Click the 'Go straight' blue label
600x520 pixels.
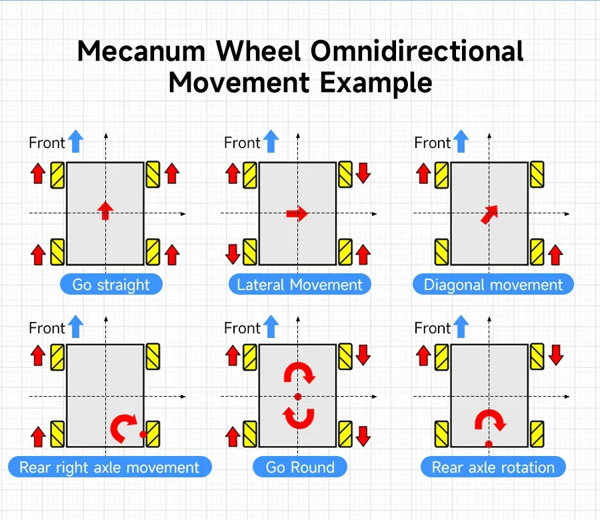[x=111, y=284]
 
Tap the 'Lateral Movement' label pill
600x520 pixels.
[x=299, y=284]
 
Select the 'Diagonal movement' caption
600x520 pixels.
[x=493, y=284]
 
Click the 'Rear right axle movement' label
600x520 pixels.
[x=109, y=467]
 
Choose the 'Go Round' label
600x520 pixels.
[x=300, y=467]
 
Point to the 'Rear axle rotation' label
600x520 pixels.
[x=493, y=467]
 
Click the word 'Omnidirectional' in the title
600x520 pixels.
[x=417, y=51]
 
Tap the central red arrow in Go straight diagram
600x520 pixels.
[x=105, y=211]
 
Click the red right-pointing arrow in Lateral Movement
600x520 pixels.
[x=297, y=213]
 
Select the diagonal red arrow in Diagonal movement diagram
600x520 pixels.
[x=489, y=214]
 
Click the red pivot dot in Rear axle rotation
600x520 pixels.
[x=489, y=444]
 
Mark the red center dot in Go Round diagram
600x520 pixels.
[x=298, y=397]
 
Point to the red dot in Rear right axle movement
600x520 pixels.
[x=143, y=434]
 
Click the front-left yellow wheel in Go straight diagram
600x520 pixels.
[x=57, y=175]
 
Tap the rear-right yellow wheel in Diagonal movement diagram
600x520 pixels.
[x=537, y=252]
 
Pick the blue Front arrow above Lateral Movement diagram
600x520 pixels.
[x=271, y=141]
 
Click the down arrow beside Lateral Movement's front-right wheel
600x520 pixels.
[x=363, y=173]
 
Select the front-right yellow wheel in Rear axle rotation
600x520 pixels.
[x=537, y=357]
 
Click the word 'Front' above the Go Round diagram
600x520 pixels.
[x=242, y=328]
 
